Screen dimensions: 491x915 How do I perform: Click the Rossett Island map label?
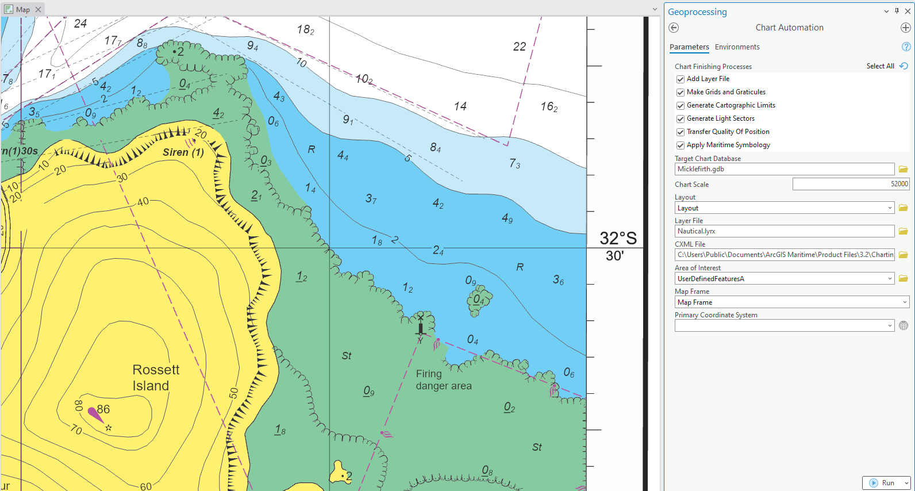pos(156,378)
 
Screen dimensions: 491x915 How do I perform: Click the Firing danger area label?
pos(444,380)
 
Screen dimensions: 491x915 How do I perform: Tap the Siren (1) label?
pos(183,152)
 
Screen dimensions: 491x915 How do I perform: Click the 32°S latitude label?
pos(618,239)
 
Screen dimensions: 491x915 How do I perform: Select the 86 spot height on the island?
pos(103,409)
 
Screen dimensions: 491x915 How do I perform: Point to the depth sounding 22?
pos(520,47)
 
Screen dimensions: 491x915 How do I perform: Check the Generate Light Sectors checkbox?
pos(681,119)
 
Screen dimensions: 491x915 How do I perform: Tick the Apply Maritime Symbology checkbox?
pos(681,145)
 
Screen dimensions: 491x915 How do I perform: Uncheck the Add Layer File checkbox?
pos(681,79)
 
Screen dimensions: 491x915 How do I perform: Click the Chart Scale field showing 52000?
pos(850,184)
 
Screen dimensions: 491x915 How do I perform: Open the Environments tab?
pos(737,47)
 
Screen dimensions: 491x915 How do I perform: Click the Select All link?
pos(880,66)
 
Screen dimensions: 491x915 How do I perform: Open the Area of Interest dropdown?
pos(890,279)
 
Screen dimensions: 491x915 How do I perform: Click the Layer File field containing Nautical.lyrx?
pos(784,231)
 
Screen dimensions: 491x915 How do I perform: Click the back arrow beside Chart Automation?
pos(674,28)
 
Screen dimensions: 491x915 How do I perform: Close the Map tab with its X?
pos(38,9)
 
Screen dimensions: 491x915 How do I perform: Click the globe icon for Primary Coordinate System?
pos(904,326)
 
